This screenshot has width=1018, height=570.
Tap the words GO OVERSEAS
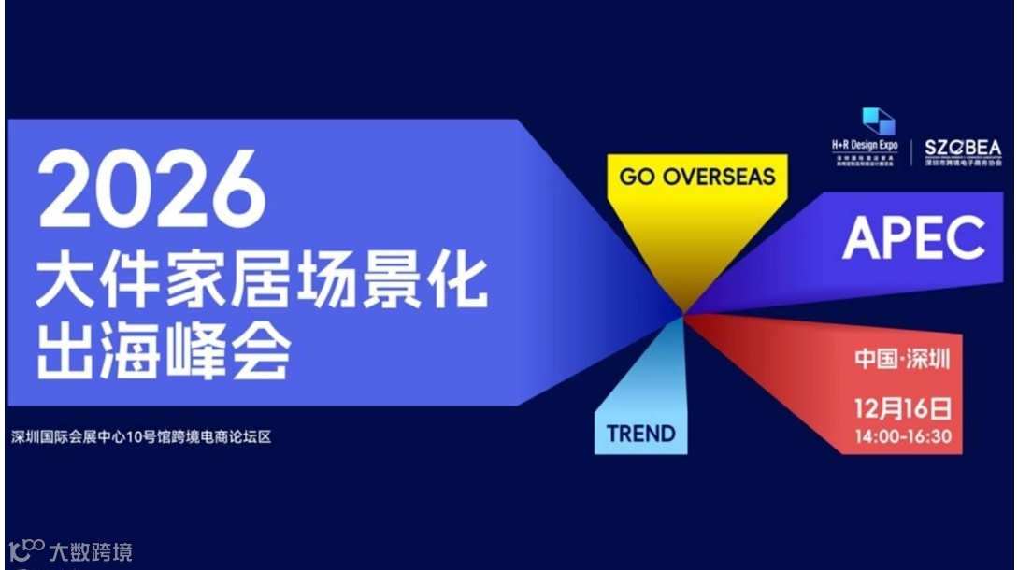696,176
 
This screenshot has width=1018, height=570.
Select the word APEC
913,238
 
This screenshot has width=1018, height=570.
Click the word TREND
640,434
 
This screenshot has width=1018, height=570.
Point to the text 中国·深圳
901,359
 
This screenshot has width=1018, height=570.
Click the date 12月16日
902,408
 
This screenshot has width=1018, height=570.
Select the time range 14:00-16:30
902,435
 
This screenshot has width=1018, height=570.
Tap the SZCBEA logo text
962,148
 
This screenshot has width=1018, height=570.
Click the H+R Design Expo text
865,146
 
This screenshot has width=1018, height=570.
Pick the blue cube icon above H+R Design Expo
878,121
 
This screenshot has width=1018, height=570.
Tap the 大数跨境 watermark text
91,551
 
